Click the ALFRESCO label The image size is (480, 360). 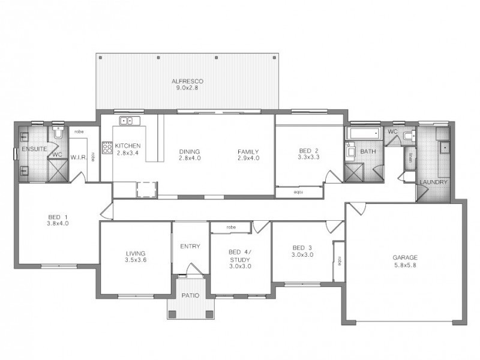click(187, 80)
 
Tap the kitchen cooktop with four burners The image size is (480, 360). click(107, 147)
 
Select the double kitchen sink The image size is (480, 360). click(128, 121)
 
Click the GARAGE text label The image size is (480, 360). click(405, 257)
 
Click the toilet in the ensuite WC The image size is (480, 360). click(58, 133)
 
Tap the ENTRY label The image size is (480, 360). click(190, 246)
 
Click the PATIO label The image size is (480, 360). click(190, 296)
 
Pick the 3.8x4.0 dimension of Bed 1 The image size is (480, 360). click(58, 223)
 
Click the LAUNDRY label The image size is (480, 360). click(432, 182)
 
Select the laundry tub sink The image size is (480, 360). click(445, 146)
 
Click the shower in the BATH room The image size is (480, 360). click(353, 172)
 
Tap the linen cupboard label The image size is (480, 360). click(411, 158)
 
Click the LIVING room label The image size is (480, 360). click(136, 253)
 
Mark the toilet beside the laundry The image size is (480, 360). click(408, 136)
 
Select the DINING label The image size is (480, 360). click(190, 151)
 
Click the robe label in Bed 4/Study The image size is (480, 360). click(230, 227)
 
